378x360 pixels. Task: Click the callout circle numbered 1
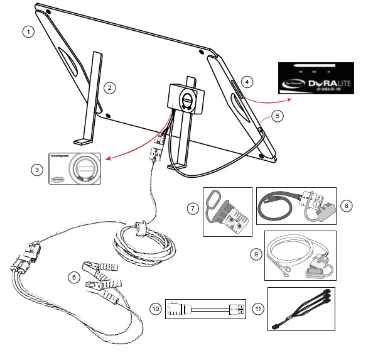point(27,31)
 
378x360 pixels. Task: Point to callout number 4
point(248,82)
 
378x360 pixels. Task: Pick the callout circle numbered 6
point(73,276)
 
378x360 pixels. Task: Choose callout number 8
point(345,205)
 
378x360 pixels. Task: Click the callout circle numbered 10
point(154,308)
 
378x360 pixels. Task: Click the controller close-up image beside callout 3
point(75,168)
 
